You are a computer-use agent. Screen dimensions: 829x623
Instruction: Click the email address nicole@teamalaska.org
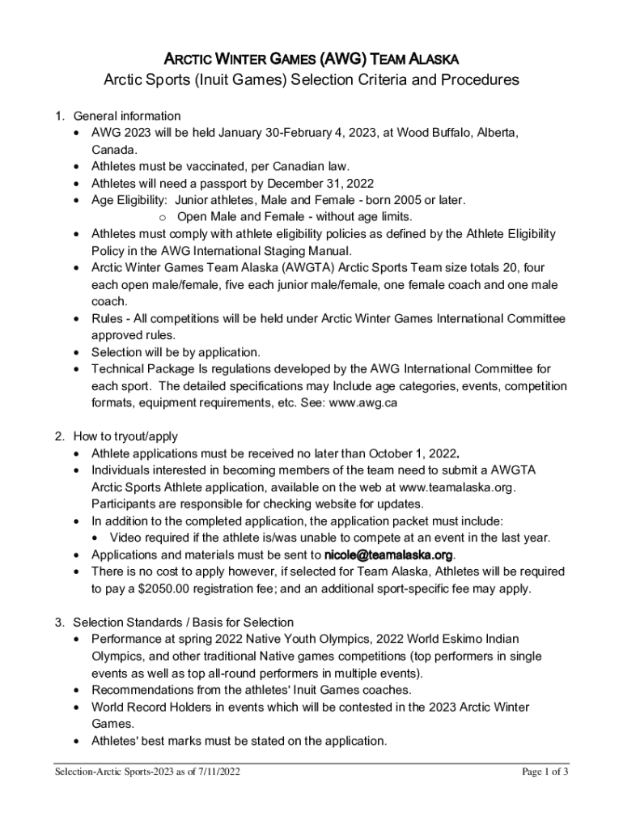point(388,555)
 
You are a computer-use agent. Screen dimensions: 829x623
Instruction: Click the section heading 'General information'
point(126,116)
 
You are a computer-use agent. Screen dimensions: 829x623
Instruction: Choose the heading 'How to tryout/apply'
point(125,436)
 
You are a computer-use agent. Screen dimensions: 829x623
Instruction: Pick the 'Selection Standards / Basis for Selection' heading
point(183,623)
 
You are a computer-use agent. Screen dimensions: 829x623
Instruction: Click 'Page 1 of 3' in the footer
point(545,771)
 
